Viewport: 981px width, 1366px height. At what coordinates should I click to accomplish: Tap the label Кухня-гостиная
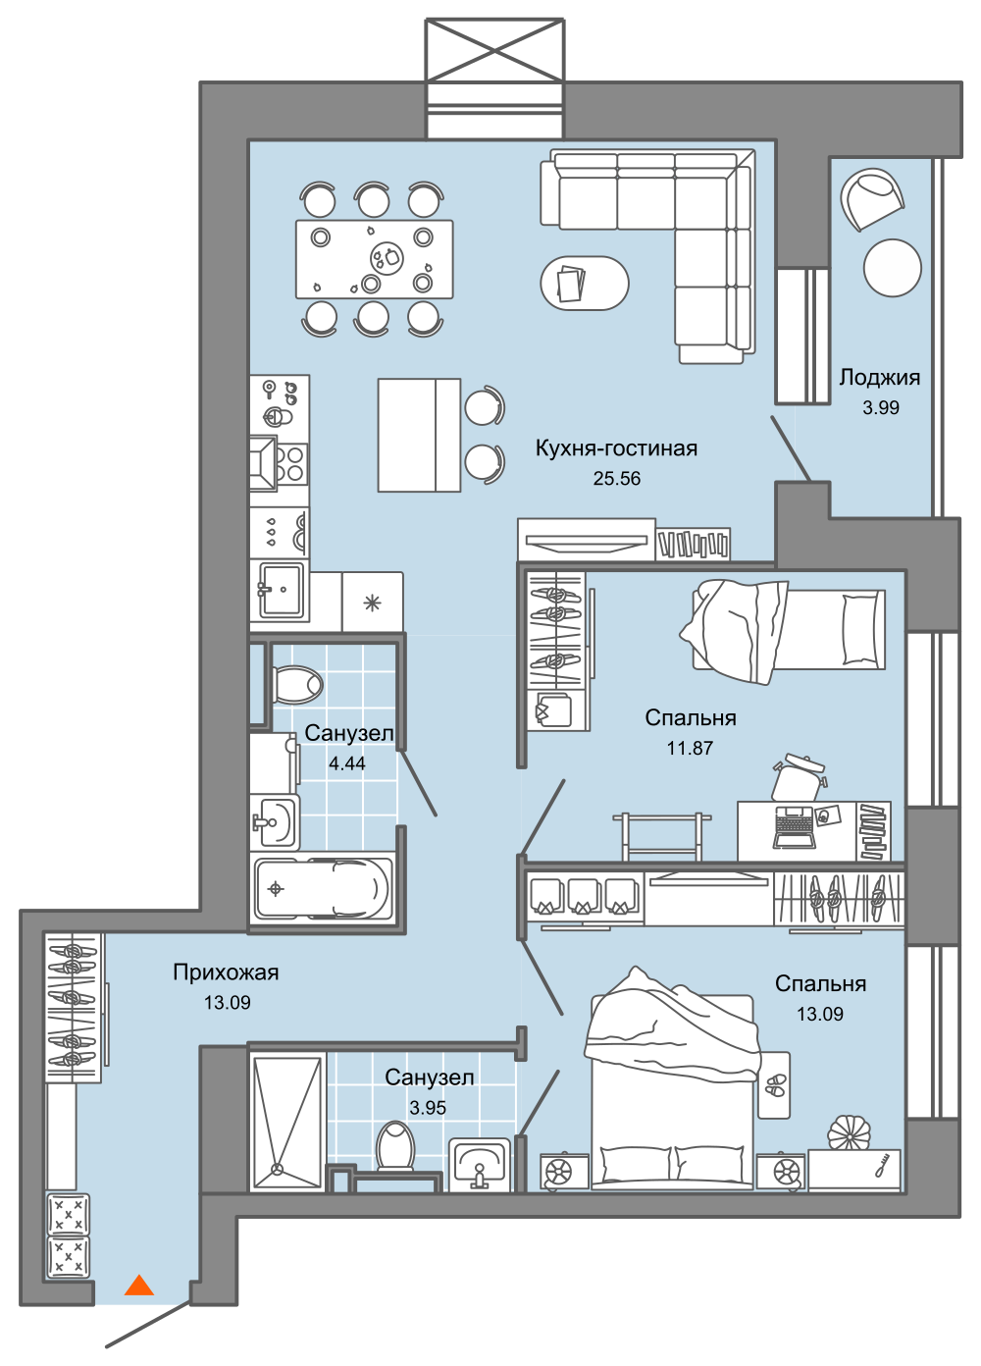tap(616, 448)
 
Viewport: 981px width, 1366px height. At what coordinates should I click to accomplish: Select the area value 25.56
tap(617, 479)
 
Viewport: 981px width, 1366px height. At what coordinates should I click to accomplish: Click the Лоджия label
tap(880, 378)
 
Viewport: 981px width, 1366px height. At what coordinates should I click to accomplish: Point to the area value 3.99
tap(881, 407)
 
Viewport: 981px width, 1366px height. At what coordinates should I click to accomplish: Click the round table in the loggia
tap(893, 268)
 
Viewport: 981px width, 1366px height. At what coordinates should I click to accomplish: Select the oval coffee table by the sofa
tap(585, 283)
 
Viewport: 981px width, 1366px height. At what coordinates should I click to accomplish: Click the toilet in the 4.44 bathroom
tap(296, 685)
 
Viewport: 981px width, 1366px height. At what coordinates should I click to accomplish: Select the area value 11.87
tap(690, 748)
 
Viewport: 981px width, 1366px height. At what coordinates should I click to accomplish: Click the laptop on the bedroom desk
tap(795, 827)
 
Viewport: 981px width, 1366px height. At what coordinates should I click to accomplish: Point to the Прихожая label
tap(226, 972)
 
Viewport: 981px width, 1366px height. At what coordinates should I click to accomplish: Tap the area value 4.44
tap(347, 762)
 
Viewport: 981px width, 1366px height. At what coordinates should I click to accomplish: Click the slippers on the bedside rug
tap(775, 1084)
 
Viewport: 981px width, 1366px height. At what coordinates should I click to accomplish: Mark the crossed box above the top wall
tap(494, 50)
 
